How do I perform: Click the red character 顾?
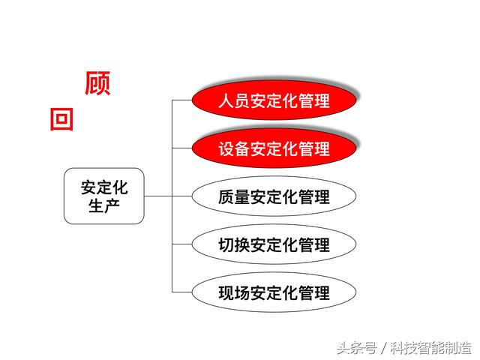[x=97, y=83]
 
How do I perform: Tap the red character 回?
[x=61, y=119]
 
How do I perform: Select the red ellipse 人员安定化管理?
[x=274, y=100]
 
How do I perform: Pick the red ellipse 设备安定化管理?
[x=274, y=148]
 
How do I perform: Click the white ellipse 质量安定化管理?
[x=274, y=196]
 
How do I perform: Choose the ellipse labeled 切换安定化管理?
[x=274, y=244]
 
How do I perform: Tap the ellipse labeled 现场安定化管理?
[x=274, y=292]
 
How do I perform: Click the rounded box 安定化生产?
[x=104, y=196]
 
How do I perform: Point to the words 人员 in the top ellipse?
[x=234, y=100]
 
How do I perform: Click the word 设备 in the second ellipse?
[x=234, y=148]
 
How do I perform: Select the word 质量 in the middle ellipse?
[x=234, y=196]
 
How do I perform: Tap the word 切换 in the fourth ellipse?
[x=234, y=245]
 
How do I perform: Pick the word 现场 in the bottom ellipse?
[x=234, y=293]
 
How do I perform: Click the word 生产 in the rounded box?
[x=104, y=205]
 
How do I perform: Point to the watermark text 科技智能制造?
[x=430, y=348]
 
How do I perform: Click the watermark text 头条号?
[x=357, y=348]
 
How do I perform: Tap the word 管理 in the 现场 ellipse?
[x=314, y=293]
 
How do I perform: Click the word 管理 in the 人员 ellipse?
[x=314, y=100]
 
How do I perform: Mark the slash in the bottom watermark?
[x=383, y=348]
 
